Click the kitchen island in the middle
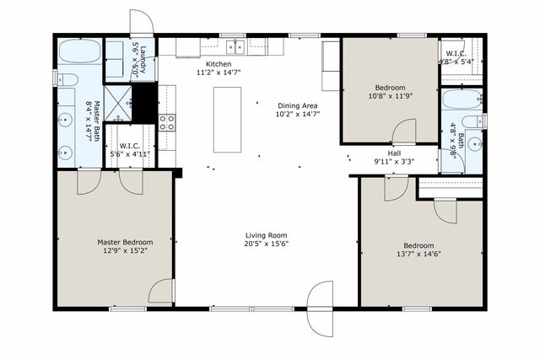coord(228,119)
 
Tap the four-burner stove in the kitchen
coord(167,125)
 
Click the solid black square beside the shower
coord(146,102)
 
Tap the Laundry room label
coord(143,61)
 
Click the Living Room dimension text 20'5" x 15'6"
coord(267,244)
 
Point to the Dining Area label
coord(299,105)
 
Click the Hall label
coord(393,153)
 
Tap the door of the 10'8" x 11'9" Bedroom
coord(405,132)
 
